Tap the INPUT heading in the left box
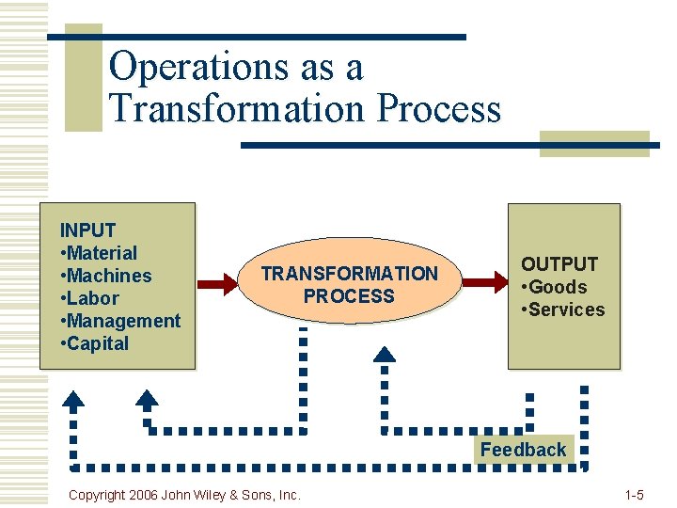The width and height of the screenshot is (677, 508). point(87,230)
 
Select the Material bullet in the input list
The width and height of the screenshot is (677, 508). point(99,253)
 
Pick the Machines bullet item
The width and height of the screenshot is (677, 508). point(105,276)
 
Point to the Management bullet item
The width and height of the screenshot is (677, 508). point(120,321)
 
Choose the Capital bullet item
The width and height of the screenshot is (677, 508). point(94,343)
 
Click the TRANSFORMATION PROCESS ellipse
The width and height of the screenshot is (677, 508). point(349,284)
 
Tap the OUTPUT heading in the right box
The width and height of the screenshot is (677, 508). point(559,264)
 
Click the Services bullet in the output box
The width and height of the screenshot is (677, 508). point(563,310)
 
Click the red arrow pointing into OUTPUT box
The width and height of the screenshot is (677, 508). point(485,280)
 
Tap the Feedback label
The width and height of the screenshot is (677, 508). point(523,450)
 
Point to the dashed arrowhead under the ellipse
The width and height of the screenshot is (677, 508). point(385,355)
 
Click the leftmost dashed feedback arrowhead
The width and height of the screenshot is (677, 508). point(73,399)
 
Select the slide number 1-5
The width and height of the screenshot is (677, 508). point(634,494)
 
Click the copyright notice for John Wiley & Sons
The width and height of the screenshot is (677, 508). point(184,494)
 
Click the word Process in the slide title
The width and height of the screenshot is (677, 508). point(438,108)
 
